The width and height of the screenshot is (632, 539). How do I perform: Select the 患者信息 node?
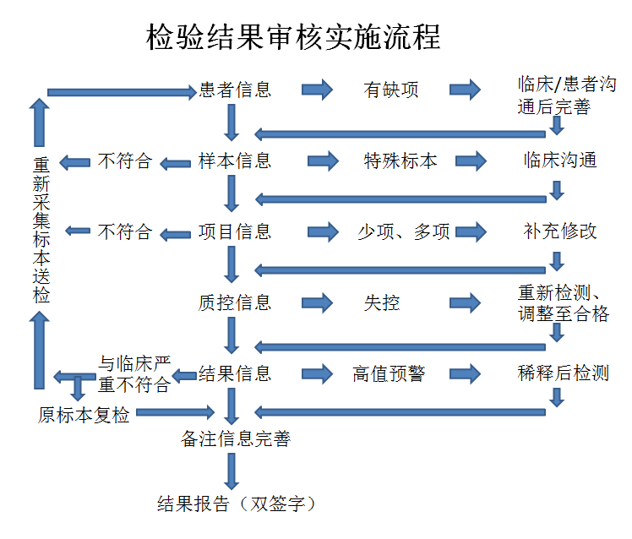(235, 90)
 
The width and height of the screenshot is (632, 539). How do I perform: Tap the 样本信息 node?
(235, 161)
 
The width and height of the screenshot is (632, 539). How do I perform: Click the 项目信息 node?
(235, 231)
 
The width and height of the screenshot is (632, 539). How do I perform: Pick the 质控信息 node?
(235, 302)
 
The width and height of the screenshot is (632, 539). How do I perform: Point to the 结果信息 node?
(235, 373)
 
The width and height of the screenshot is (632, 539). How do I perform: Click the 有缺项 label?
(391, 90)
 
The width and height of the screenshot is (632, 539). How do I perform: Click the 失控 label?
(382, 302)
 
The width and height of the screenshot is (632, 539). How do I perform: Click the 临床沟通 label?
(559, 161)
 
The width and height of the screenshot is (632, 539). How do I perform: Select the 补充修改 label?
(559, 231)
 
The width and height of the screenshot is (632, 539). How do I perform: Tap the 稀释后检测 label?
(563, 373)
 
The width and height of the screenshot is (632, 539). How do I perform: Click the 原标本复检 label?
(84, 415)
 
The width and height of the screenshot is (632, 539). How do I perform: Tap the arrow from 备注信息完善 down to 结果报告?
(232, 471)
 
